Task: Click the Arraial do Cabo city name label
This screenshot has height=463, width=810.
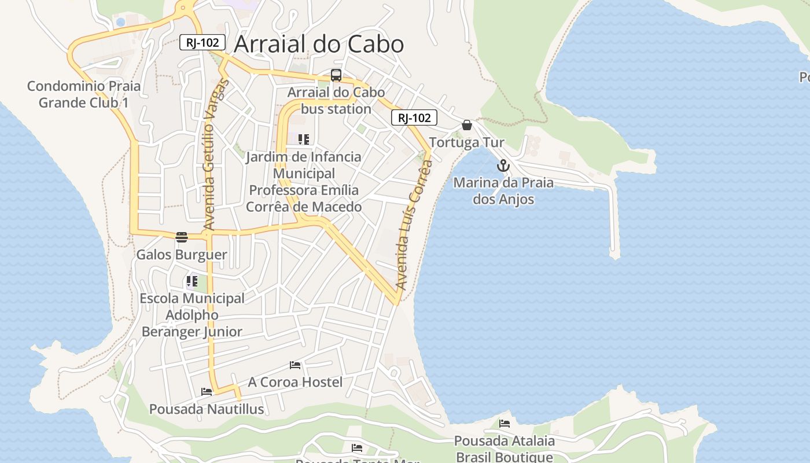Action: tap(318, 45)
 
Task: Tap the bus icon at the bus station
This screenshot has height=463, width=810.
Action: tap(336, 75)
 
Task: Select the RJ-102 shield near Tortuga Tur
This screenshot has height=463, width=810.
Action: tap(414, 118)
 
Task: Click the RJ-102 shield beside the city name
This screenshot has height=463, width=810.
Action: tap(202, 42)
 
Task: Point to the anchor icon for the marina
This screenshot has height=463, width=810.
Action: tap(503, 166)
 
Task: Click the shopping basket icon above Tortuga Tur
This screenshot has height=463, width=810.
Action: tap(467, 125)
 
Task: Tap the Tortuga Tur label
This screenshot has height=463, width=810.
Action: tap(466, 142)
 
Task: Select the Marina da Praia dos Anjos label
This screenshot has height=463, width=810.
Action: tap(503, 191)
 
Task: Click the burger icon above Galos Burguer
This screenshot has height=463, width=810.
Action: tap(182, 237)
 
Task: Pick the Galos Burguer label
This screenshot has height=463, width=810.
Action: tap(182, 255)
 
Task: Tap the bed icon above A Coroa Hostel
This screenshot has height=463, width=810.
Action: tap(295, 365)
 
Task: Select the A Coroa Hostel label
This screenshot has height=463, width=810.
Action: tap(295, 382)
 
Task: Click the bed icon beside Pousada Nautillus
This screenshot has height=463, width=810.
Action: tap(207, 392)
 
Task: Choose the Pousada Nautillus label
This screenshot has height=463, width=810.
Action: tap(207, 409)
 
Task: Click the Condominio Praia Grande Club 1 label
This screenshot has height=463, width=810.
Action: tap(84, 94)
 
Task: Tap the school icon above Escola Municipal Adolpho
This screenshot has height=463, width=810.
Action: tap(192, 282)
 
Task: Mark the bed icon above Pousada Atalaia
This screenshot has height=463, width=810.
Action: tap(505, 424)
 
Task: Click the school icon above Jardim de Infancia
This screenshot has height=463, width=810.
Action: tap(304, 139)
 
